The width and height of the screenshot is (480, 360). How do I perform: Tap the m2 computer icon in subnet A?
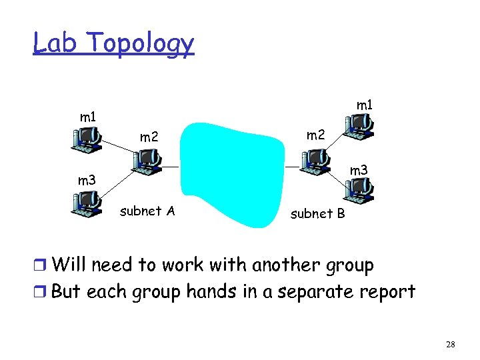[x=145, y=160]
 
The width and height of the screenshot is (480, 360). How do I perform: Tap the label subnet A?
[x=147, y=211]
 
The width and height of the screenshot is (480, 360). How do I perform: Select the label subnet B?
[x=317, y=214]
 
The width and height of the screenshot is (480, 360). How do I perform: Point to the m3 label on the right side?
[x=359, y=171]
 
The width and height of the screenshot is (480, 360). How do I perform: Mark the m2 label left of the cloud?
[x=149, y=137]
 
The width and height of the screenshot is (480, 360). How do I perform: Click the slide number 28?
[x=450, y=344]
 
